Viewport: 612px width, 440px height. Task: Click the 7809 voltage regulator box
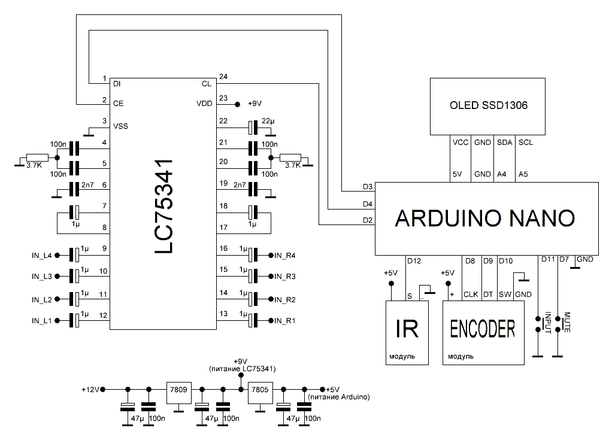pyautogui.click(x=178, y=389)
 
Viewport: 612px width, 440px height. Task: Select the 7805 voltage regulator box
pyautogui.click(x=260, y=389)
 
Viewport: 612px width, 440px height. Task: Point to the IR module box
pyautogui.click(x=407, y=332)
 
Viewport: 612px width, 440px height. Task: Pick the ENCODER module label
pyautogui.click(x=483, y=329)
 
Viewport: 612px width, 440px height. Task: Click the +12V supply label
pyautogui.click(x=90, y=389)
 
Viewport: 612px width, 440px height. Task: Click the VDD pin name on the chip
pyautogui.click(x=204, y=103)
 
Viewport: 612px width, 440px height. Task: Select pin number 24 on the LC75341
pyautogui.click(x=223, y=77)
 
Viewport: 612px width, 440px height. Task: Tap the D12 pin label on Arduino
pyautogui.click(x=414, y=260)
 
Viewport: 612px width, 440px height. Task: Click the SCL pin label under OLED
pyautogui.click(x=525, y=142)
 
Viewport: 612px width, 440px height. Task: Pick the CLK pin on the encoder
pyautogui.click(x=471, y=294)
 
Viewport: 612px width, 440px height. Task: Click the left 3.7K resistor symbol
pyautogui.click(x=31, y=160)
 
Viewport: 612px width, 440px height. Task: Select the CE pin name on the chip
pyautogui.click(x=118, y=103)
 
